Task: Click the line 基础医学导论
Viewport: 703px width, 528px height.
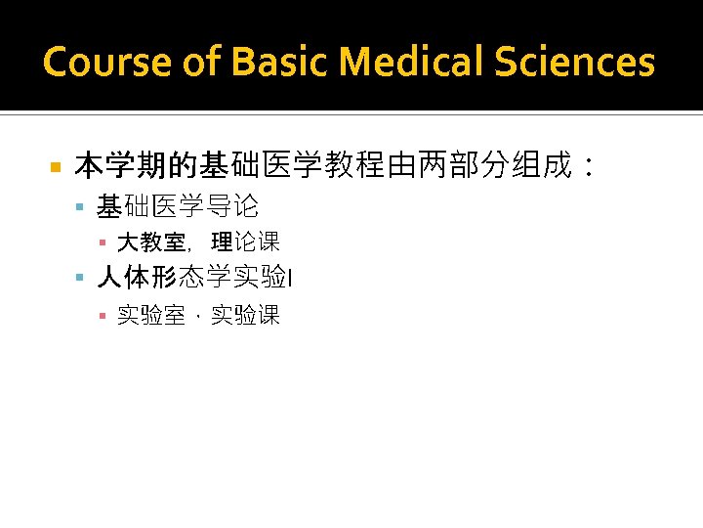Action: [178, 206]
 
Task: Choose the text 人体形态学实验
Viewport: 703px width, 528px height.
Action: [191, 279]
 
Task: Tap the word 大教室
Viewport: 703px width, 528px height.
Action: [151, 242]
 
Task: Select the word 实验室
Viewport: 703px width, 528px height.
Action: [151, 315]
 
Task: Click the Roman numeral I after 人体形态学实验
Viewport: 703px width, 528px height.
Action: [291, 281]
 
